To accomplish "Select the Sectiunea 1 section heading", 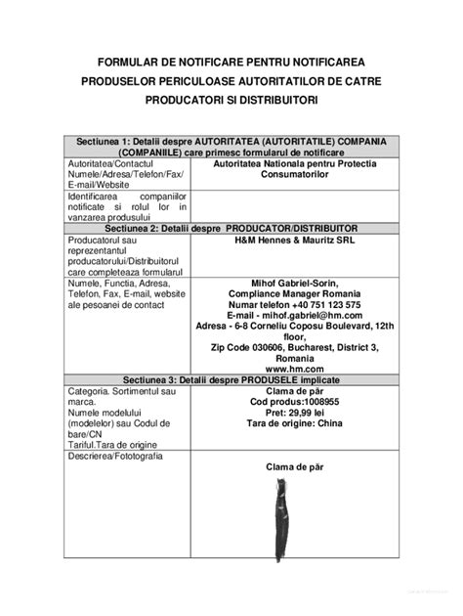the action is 231,141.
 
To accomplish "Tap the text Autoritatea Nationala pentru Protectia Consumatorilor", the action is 294,170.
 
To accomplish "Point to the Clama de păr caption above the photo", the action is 294,466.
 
